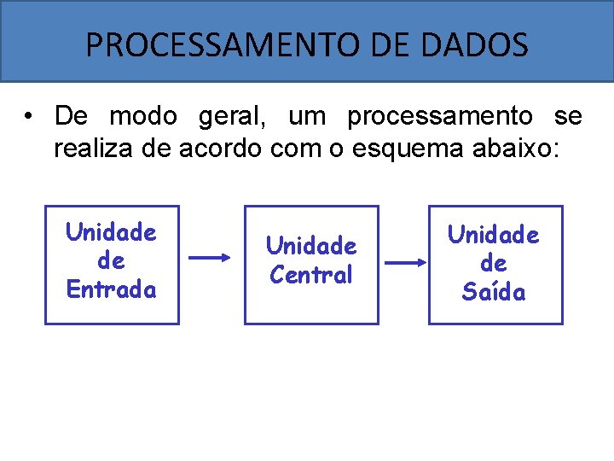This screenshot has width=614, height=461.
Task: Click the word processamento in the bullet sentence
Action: point(440,115)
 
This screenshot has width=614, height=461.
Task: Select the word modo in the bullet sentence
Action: point(143,115)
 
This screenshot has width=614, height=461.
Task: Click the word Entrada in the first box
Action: point(112,289)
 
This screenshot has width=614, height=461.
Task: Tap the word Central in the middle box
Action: point(310,275)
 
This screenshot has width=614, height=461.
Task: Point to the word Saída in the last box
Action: point(494,292)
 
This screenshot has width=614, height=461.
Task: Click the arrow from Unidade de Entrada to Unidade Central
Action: point(211,257)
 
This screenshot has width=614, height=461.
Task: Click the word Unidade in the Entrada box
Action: point(111,232)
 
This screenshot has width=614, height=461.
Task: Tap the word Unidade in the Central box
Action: point(311,246)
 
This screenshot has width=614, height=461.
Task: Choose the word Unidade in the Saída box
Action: point(494,235)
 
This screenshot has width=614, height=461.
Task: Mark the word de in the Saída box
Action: point(494,264)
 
